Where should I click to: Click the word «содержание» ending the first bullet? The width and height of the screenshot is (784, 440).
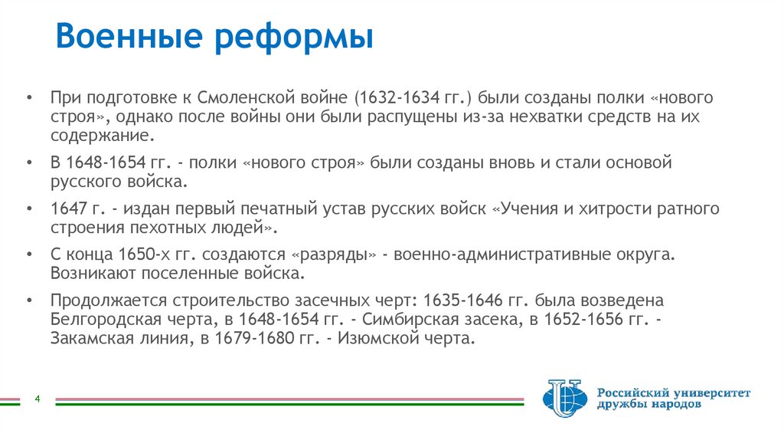coord(102,135)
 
